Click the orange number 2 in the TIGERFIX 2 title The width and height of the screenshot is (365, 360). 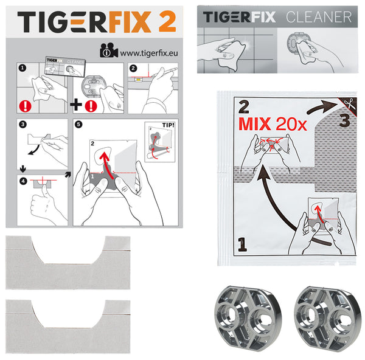click(167, 21)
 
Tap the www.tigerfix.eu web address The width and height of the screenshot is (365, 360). click(149, 54)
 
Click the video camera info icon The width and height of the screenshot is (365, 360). click(109, 50)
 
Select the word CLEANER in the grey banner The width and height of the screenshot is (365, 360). click(319, 17)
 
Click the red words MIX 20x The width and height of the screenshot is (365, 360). click(273, 124)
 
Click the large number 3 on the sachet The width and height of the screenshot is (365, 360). click(344, 120)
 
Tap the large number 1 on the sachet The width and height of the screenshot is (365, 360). click(242, 244)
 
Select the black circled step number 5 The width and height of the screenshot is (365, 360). click(78, 124)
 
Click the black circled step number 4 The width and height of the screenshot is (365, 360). click(23, 181)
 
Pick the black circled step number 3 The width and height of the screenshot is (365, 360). click(23, 124)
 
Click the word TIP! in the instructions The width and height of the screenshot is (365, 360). click(168, 125)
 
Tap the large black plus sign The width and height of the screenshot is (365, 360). click(76, 105)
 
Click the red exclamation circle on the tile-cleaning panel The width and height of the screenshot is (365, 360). click(25, 106)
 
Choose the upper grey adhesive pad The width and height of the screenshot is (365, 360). click(68, 263)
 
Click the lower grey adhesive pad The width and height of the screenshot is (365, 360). click(68, 327)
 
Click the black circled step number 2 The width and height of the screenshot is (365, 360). click(133, 68)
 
